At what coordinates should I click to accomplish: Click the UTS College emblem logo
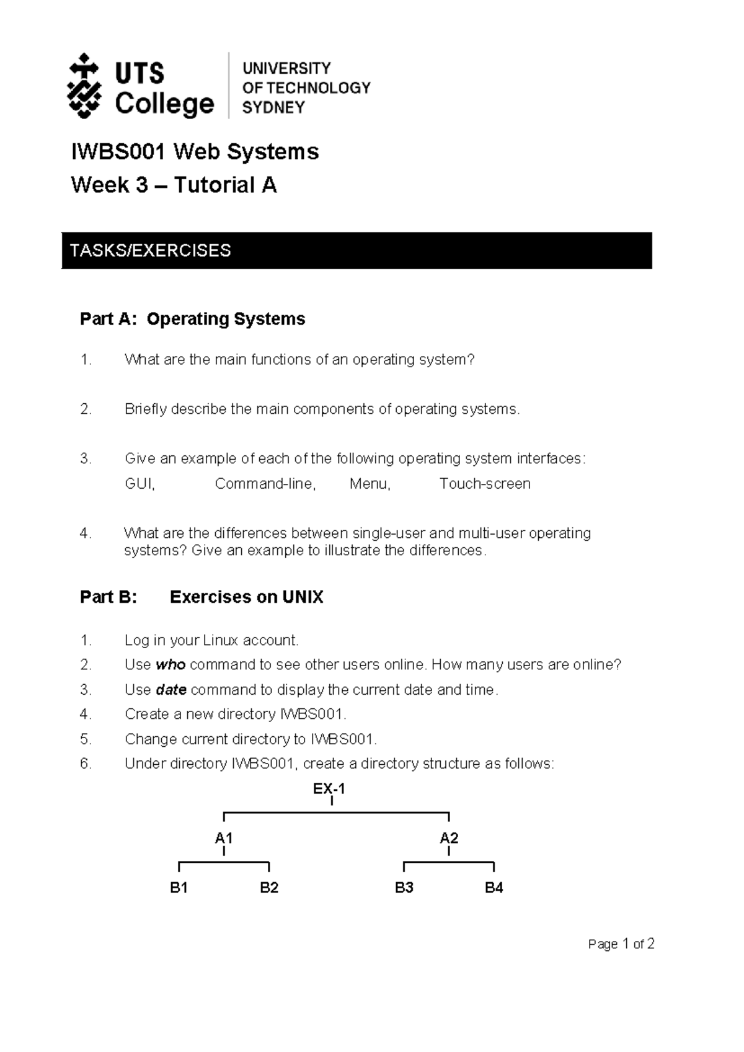84,86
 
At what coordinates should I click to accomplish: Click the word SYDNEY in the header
273,107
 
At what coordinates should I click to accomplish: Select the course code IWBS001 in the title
118,152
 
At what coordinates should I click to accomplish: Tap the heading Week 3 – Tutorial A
174,185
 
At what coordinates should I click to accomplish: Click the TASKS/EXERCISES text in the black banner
150,251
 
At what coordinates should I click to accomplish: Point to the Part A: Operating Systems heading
192,319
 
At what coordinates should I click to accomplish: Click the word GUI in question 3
139,484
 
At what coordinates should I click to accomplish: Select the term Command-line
265,484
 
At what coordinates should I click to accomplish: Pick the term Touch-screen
485,484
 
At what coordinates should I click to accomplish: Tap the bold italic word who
170,665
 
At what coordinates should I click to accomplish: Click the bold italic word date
171,690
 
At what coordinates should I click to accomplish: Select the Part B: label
108,597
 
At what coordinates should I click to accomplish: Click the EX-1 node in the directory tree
329,789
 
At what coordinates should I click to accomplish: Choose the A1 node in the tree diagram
223,839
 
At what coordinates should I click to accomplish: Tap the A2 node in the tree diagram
449,839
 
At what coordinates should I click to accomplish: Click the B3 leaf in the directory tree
404,888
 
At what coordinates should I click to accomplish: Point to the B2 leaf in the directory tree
269,888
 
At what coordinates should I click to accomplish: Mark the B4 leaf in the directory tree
494,888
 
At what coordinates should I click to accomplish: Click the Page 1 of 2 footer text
621,944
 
